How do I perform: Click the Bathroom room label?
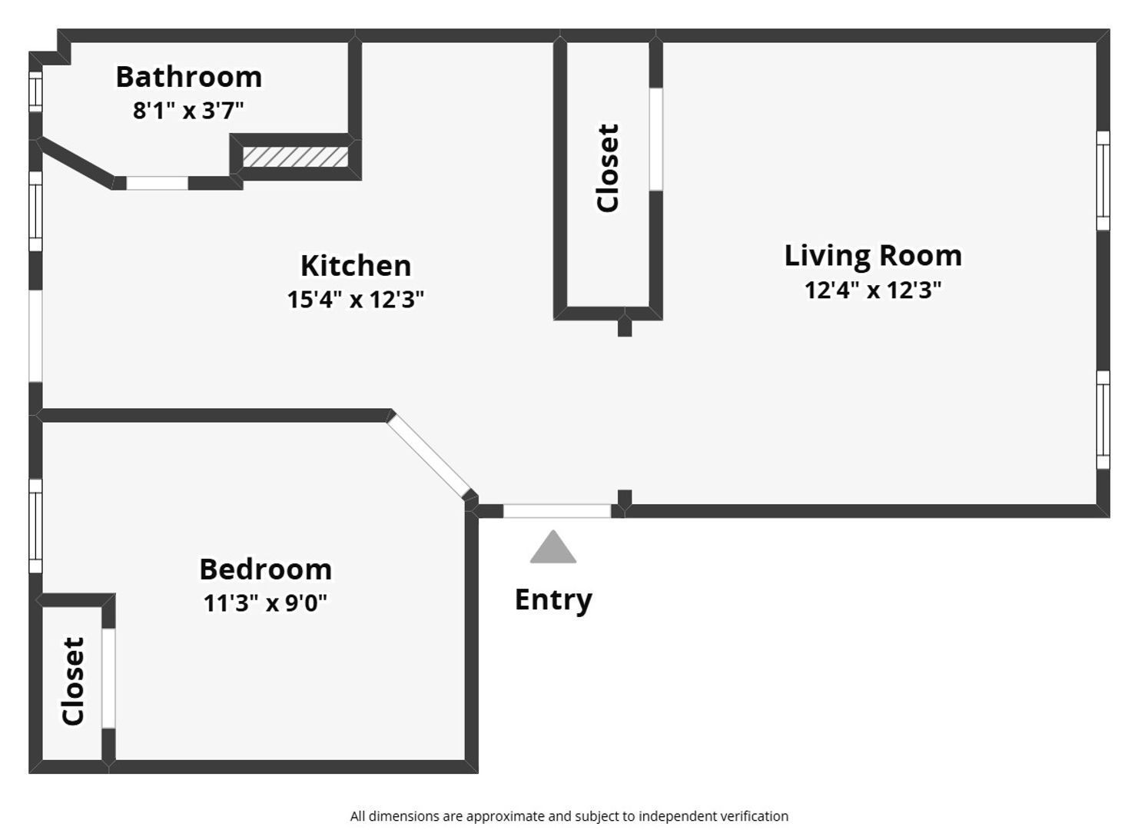coord(189,77)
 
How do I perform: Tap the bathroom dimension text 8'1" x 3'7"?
coord(188,111)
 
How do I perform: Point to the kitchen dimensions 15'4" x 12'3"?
coord(356,299)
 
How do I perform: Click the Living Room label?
coord(874,256)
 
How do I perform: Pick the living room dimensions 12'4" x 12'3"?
coord(874,290)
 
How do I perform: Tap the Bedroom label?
coord(266,569)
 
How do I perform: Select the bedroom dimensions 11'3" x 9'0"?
coord(265,603)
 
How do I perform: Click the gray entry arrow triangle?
coord(553,547)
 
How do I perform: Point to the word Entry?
coord(554,600)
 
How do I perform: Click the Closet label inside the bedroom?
coord(73,681)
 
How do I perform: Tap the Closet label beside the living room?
coord(608,168)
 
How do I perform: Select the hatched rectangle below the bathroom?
coord(295,157)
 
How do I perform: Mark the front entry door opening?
coord(557,511)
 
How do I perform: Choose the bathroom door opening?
coord(157,183)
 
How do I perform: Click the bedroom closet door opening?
coord(108,678)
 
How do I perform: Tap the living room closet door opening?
coord(656,139)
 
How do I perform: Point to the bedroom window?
coord(35,526)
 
